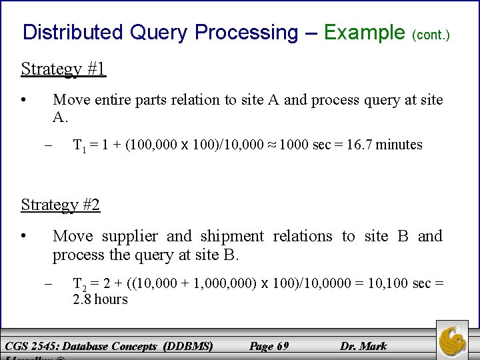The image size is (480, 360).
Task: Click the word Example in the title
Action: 364,32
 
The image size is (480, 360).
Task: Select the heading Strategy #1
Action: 63,69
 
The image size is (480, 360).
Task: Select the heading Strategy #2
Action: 61,205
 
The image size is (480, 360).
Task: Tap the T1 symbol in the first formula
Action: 79,145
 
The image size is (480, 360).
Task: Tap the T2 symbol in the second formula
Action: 79,284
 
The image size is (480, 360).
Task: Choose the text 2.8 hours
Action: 100,299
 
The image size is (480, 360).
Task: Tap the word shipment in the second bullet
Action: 233,236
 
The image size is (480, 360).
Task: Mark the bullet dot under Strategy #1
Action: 23,100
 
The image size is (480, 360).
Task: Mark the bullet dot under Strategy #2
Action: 23,236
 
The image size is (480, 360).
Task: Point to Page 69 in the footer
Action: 269,346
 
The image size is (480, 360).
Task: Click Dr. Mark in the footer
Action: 363,346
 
